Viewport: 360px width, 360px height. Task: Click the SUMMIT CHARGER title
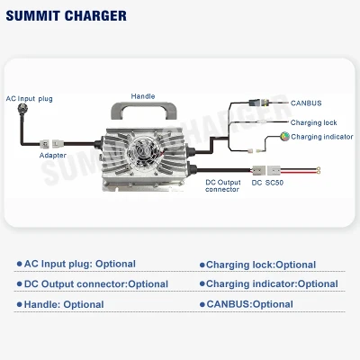tap(67, 16)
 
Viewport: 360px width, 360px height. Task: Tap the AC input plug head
tap(22, 108)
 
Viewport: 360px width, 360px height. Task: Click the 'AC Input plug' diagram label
tap(30, 99)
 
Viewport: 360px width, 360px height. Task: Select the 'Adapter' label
tap(53, 156)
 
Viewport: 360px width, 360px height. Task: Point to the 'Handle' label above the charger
tap(143, 96)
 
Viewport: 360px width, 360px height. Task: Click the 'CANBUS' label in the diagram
tap(306, 103)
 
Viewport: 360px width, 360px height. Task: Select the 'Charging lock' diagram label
tap(313, 122)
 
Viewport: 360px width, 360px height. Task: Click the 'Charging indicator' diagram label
tap(322, 137)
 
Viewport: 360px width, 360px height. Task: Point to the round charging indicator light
tap(284, 137)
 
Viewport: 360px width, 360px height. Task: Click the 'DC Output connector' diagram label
tap(223, 185)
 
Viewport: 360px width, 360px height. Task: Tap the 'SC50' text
tap(274, 183)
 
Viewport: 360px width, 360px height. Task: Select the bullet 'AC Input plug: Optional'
tap(76, 264)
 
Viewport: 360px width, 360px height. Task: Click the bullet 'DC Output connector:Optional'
tap(93, 284)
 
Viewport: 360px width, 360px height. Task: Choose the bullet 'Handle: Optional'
tap(60, 304)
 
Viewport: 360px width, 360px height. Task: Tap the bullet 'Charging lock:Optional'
tap(257, 265)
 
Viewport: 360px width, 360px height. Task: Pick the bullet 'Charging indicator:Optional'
tap(269, 283)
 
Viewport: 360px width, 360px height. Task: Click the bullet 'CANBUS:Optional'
tap(247, 304)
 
